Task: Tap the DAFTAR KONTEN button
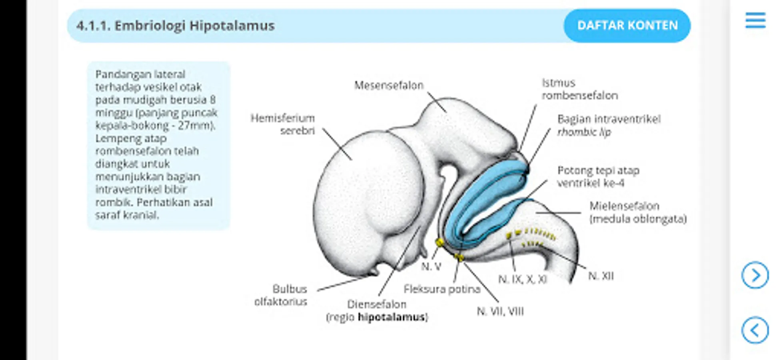pyautogui.click(x=627, y=26)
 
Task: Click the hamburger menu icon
pyautogui.click(x=755, y=20)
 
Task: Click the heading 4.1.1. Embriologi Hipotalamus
pyautogui.click(x=176, y=26)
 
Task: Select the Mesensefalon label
pyautogui.click(x=388, y=85)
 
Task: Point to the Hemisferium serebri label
pyautogui.click(x=283, y=124)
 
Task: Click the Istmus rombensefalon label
pyautogui.click(x=579, y=89)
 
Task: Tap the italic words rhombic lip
pyautogui.click(x=584, y=132)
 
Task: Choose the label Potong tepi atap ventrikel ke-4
pyautogui.click(x=598, y=176)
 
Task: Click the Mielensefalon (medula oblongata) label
pyautogui.click(x=637, y=212)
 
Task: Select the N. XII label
pyautogui.click(x=601, y=276)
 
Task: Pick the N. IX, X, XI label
pyautogui.click(x=522, y=279)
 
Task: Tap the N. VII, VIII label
pyautogui.click(x=500, y=311)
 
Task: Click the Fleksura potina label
pyautogui.click(x=442, y=289)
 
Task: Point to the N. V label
pyautogui.click(x=431, y=266)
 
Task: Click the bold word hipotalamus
pyautogui.click(x=391, y=317)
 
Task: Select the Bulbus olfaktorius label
pyautogui.click(x=281, y=295)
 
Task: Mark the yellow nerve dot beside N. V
pyautogui.click(x=439, y=242)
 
